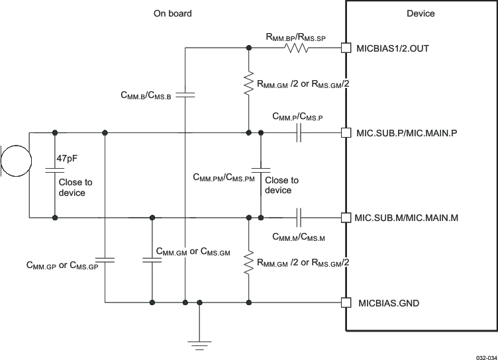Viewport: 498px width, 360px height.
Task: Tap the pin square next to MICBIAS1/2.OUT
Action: pos(344,48)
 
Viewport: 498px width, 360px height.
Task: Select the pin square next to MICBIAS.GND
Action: pos(344,303)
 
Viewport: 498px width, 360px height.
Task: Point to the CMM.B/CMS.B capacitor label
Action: pos(146,96)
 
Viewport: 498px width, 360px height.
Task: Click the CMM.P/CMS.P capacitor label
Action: pos(297,116)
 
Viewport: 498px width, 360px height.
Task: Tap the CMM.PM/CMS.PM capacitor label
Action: pos(223,177)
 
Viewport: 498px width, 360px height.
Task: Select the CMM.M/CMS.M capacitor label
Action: pos(297,236)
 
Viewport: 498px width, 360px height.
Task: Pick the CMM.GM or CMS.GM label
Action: pos(193,251)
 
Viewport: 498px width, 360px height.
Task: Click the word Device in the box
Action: pos(420,14)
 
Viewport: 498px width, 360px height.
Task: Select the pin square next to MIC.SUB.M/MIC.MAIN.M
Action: pos(344,217)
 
